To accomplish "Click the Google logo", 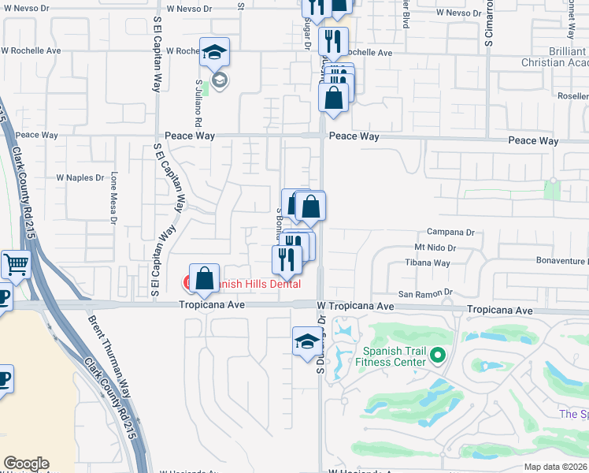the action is pos(26,464).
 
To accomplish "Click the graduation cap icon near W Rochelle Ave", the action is pos(214,52).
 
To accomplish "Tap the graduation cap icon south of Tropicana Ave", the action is pos(307,341).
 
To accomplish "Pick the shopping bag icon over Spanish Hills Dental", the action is pos(205,278).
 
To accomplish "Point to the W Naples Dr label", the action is pos(79,178).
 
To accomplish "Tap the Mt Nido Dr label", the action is pos(435,248).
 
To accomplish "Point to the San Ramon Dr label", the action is pos(425,292).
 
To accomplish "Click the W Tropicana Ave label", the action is pos(354,306).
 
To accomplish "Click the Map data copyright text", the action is pos(555,467).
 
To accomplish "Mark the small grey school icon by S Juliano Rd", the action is pos(220,79).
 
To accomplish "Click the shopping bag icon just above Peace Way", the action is pos(333,99).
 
